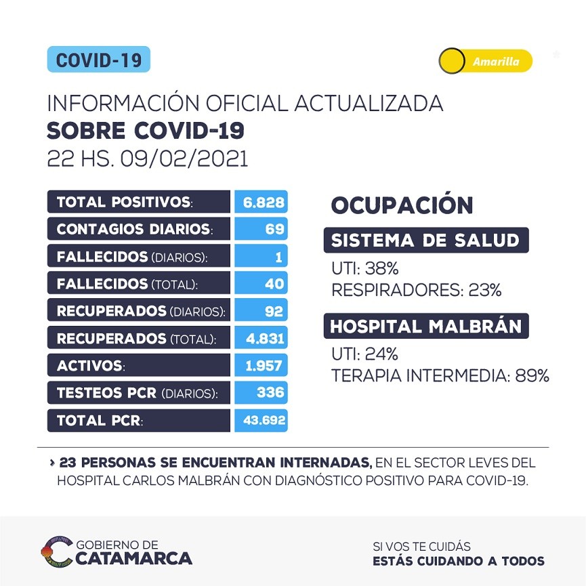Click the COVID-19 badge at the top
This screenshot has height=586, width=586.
pyautogui.click(x=98, y=60)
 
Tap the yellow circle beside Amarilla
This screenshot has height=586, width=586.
pyautogui.click(x=451, y=62)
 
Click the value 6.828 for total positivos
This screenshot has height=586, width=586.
pyautogui.click(x=260, y=202)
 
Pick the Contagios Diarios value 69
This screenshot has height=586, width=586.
pyautogui.click(x=260, y=229)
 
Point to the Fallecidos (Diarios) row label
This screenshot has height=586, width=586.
pyautogui.click(x=133, y=257)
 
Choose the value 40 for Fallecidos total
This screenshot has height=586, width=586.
pyautogui.click(x=260, y=284)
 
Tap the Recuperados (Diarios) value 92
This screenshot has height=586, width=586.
pyautogui.click(x=260, y=312)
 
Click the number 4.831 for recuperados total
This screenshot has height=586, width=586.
pyautogui.click(x=260, y=339)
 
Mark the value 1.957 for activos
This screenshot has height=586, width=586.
pyautogui.click(x=260, y=367)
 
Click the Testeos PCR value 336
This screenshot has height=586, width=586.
pyautogui.click(x=260, y=393)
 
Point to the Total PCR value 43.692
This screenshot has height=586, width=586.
pyautogui.click(x=260, y=421)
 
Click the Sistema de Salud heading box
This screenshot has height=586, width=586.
pyautogui.click(x=425, y=240)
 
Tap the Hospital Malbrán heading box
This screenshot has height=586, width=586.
pyautogui.click(x=425, y=327)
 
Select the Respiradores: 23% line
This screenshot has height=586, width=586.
pyautogui.click(x=417, y=291)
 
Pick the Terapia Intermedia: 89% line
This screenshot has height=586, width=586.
pyautogui.click(x=440, y=375)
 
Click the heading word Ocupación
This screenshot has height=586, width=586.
pyautogui.click(x=402, y=205)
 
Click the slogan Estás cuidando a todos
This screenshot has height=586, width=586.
pyautogui.click(x=459, y=561)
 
